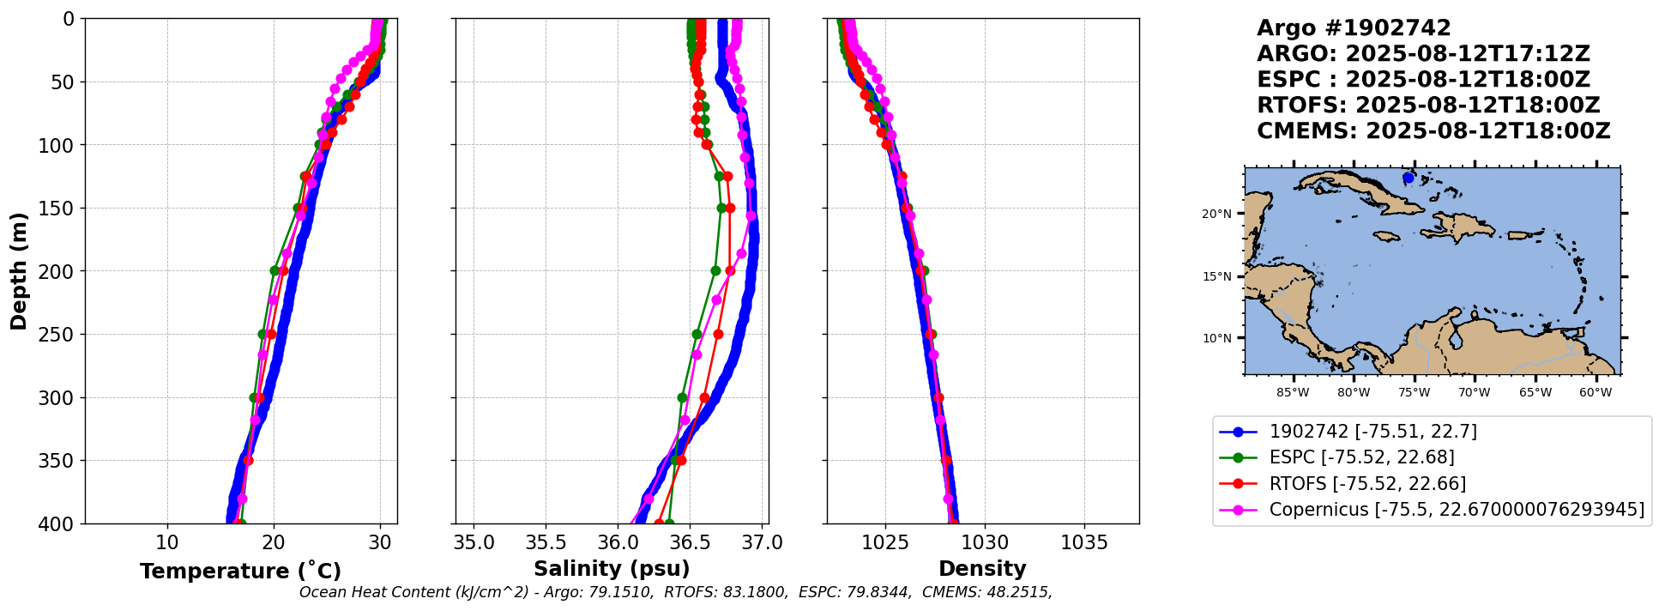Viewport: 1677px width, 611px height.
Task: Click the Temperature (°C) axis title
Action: point(240,571)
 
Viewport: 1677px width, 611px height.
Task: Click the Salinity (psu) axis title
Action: point(612,569)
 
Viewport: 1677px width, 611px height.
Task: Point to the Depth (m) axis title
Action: point(18,271)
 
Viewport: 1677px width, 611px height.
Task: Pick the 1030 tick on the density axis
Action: point(985,542)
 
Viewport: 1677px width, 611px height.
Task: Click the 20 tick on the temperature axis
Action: point(274,542)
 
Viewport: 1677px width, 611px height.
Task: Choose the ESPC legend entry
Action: point(1361,457)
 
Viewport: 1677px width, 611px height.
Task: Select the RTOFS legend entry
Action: point(1367,484)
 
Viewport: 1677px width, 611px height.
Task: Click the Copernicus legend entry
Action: point(1457,510)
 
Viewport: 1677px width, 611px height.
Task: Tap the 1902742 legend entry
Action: point(1372,432)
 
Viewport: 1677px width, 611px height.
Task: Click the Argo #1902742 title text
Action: point(1354,28)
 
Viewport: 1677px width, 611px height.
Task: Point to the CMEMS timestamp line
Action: point(1433,131)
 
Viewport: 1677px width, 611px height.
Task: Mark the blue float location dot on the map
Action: point(1408,178)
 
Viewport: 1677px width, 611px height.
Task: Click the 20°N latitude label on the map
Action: point(1216,214)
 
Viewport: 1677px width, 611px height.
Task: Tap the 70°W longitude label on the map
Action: point(1475,393)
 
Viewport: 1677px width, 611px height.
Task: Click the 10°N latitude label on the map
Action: point(1216,339)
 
